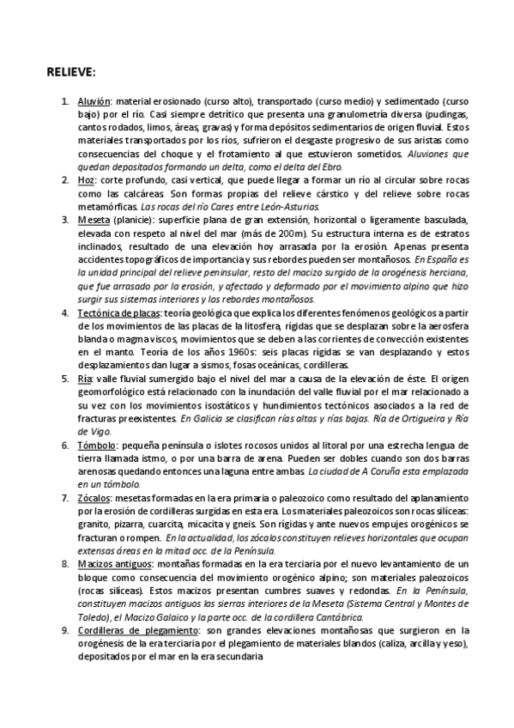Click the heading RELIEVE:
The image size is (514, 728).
(71, 70)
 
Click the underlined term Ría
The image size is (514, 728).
(84, 379)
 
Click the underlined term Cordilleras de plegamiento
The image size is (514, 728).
(135, 630)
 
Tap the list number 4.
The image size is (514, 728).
(65, 312)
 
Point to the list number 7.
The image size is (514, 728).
(65, 498)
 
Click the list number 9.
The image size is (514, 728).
(65, 630)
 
